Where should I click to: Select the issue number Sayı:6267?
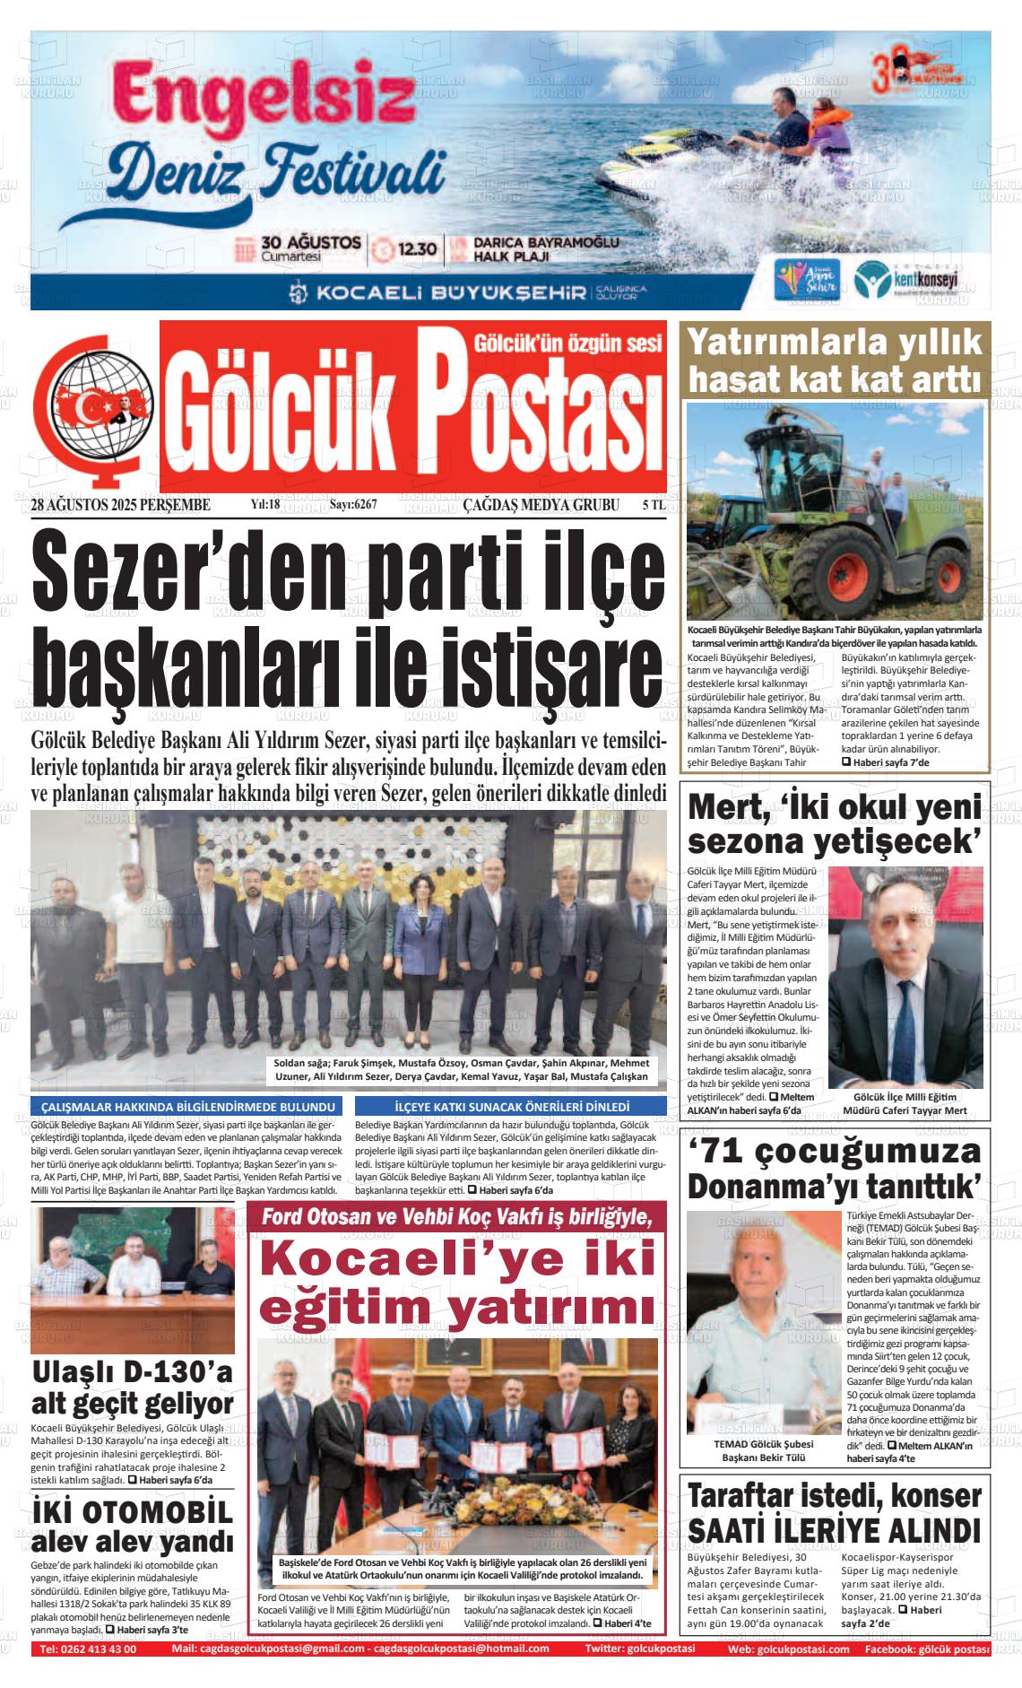click(x=353, y=505)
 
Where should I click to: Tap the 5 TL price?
click(x=654, y=505)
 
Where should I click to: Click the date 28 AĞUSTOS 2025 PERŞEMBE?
click(x=120, y=505)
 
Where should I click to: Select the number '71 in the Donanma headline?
click(x=730, y=1151)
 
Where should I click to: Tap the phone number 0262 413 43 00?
click(x=88, y=1649)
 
